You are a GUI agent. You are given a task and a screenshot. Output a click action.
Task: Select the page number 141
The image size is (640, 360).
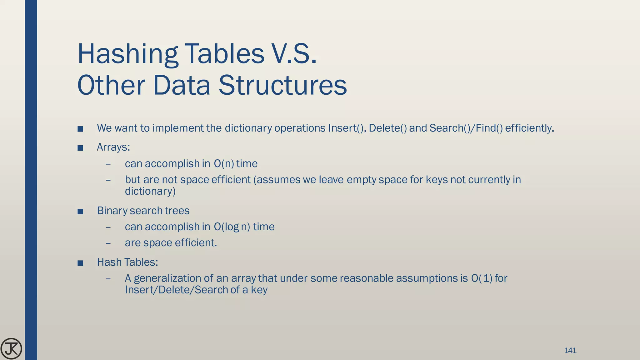[570, 350]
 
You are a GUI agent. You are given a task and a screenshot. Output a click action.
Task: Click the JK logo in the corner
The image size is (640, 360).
[11, 348]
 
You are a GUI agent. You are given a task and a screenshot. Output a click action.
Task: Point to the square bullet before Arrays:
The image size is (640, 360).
[80, 148]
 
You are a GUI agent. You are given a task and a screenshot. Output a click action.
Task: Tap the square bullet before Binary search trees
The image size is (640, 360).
[80, 212]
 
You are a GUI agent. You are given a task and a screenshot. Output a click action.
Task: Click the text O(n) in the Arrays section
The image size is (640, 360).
[224, 164]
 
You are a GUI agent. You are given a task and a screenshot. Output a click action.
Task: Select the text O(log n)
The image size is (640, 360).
[232, 227]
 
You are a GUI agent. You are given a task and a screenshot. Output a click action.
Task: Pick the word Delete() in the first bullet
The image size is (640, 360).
[388, 128]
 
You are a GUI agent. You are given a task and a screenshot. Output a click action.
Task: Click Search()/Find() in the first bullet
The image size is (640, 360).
[466, 128]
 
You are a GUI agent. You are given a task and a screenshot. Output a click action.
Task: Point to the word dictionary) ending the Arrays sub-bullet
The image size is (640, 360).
[150, 191]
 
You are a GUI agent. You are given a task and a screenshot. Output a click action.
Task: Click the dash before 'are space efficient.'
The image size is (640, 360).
[108, 243]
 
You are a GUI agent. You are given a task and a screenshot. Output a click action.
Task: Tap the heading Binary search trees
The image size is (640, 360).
[143, 211]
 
